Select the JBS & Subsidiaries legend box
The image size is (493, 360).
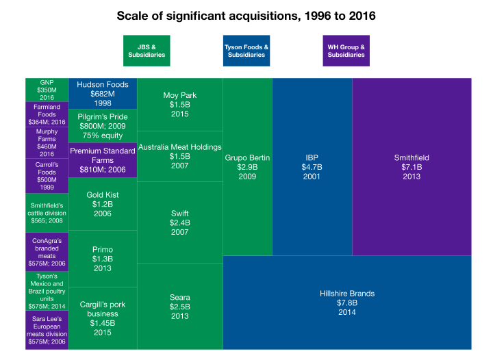pyautogui.click(x=147, y=51)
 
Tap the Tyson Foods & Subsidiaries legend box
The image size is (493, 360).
pyautogui.click(x=246, y=51)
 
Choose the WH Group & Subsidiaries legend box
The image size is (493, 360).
pyautogui.click(x=346, y=51)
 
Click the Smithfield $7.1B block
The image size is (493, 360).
pyautogui.click(x=412, y=166)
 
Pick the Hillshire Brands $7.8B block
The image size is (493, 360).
pyautogui.click(x=347, y=302)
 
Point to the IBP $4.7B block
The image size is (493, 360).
pyautogui.click(x=312, y=166)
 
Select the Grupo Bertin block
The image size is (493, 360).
pyautogui.click(x=248, y=166)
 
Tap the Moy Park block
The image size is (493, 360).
pyautogui.click(x=180, y=104)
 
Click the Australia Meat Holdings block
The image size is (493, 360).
pyautogui.click(x=180, y=156)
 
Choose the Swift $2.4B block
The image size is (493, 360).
pyautogui.click(x=180, y=222)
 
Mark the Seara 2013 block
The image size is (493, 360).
pyautogui.click(x=180, y=306)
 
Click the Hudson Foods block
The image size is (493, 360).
pyautogui.click(x=103, y=93)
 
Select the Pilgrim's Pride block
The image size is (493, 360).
pyautogui.click(x=103, y=126)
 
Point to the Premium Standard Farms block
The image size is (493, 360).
pyautogui.click(x=103, y=160)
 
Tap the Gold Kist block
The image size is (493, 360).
pyautogui.click(x=103, y=204)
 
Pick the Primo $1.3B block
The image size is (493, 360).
pyautogui.click(x=103, y=259)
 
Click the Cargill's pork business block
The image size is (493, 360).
pyautogui.click(x=103, y=318)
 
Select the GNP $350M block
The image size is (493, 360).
pyautogui.click(x=47, y=90)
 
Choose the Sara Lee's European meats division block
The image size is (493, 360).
pyautogui.click(x=47, y=329)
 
